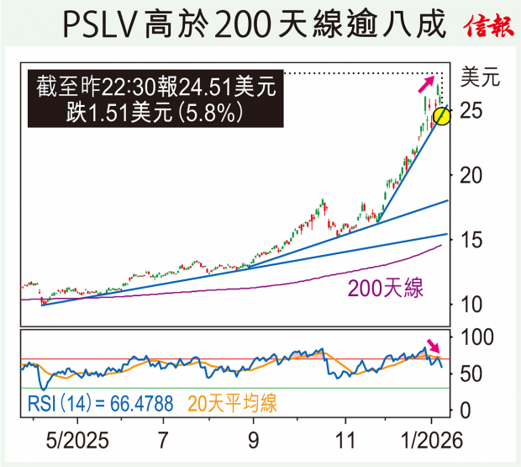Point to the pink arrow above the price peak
click(428, 83)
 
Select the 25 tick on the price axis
click(473, 111)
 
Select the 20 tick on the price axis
click(473, 175)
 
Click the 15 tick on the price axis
click(473, 240)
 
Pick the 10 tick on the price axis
click(473, 304)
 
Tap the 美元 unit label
click(482, 79)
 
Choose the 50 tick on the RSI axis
click(473, 374)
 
